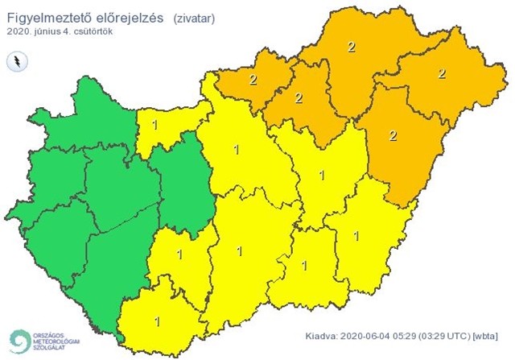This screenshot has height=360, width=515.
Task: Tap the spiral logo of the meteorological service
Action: (x=18, y=340)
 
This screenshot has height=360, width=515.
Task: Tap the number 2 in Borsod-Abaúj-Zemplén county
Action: (x=351, y=47)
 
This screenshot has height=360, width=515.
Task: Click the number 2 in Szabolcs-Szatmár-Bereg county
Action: (x=441, y=73)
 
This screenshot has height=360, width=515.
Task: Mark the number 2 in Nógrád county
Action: (x=253, y=79)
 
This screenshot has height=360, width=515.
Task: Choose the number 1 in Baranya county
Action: (x=156, y=321)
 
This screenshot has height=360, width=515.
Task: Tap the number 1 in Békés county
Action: (x=357, y=236)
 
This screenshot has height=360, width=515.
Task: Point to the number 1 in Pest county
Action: (x=236, y=149)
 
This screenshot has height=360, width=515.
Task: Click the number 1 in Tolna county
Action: (x=178, y=255)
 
